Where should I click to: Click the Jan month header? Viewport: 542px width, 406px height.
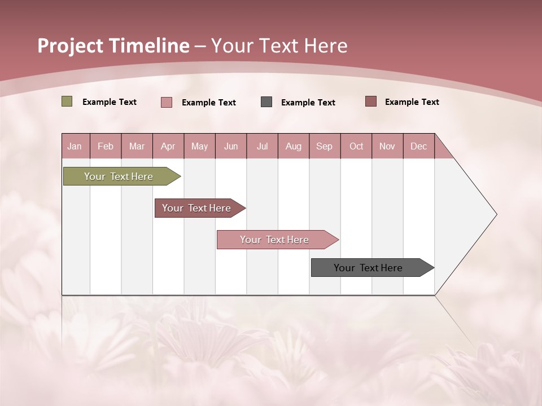[75, 146]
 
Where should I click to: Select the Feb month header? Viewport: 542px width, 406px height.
[106, 146]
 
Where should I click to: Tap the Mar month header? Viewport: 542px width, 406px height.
[137, 146]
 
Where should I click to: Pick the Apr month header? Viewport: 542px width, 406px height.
[168, 146]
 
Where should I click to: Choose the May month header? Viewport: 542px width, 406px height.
[199, 146]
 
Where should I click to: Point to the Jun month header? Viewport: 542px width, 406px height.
[231, 146]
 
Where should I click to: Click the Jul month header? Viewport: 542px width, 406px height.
[263, 146]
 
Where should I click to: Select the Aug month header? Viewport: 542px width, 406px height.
[294, 146]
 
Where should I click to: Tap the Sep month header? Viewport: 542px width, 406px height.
[325, 146]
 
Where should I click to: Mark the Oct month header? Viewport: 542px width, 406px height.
[356, 146]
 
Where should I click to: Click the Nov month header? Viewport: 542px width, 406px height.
[387, 146]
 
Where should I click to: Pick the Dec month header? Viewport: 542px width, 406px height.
[419, 146]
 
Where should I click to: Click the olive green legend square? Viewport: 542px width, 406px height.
[67, 101]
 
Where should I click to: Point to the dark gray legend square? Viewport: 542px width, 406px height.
[266, 102]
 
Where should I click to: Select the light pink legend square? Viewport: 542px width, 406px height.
[167, 102]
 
